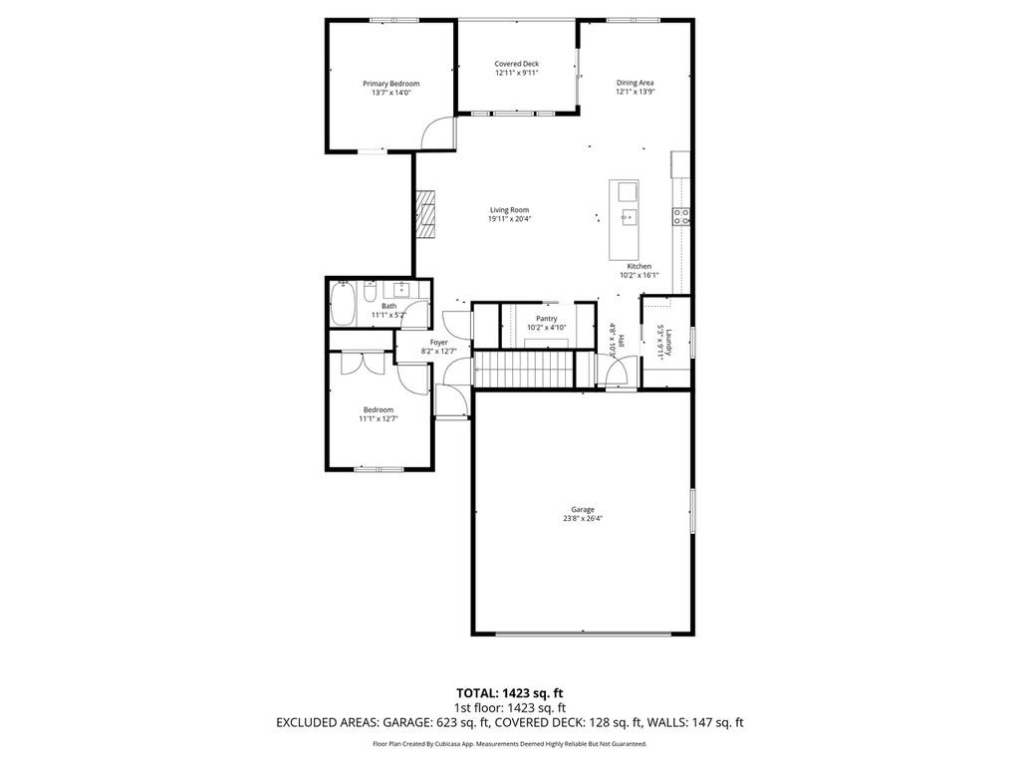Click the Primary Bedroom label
click(x=390, y=84)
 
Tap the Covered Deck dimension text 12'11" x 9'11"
click(x=516, y=73)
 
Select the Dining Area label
click(x=635, y=83)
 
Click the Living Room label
click(x=509, y=210)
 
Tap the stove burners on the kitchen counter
click(x=682, y=216)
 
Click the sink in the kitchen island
click(x=628, y=191)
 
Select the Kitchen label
click(x=638, y=266)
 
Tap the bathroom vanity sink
click(x=404, y=289)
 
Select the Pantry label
click(x=546, y=319)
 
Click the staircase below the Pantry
click(x=524, y=369)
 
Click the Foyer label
click(x=438, y=342)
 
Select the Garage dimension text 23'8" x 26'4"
click(x=583, y=518)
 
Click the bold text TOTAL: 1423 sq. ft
click(x=510, y=692)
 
